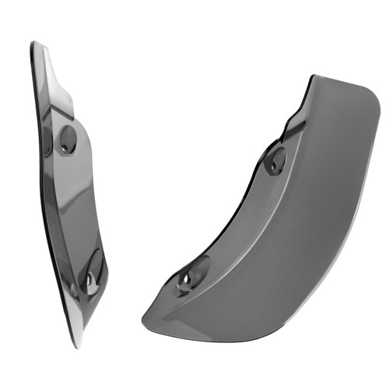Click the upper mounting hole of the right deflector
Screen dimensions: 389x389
click(x=275, y=159)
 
